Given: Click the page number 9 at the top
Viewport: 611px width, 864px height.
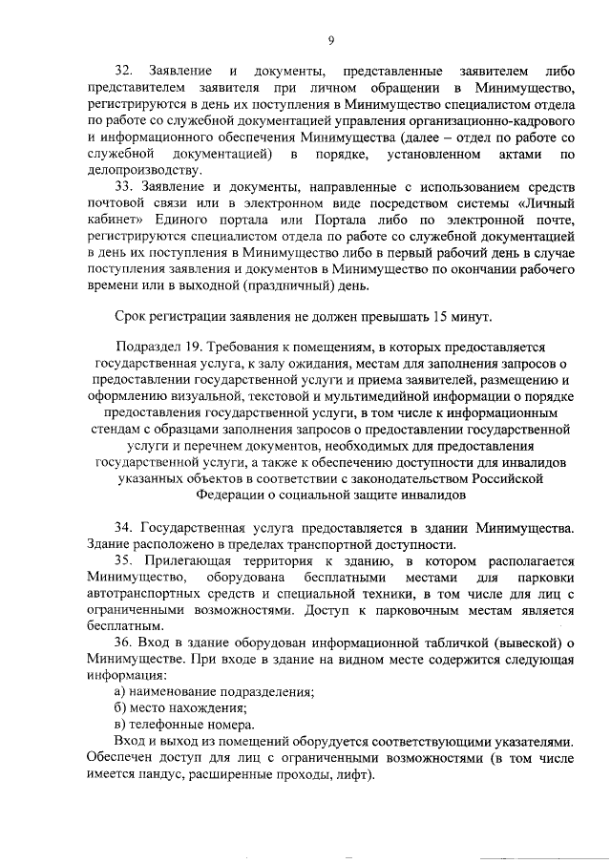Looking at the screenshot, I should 330,39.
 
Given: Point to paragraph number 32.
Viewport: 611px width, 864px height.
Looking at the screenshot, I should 123,73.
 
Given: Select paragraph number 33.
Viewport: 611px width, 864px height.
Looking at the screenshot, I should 123,186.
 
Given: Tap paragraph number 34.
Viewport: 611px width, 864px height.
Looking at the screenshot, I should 123,528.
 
